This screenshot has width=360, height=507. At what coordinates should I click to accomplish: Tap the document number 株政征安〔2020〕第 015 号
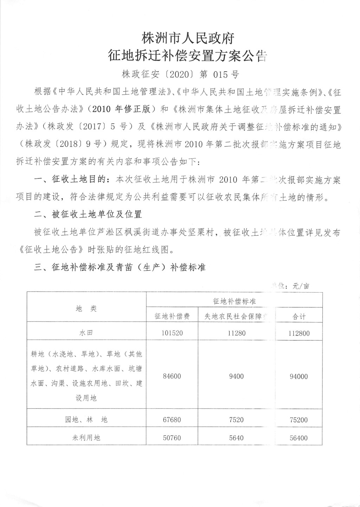pyautogui.click(x=180, y=74)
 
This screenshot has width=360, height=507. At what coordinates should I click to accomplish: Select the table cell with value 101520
pyautogui.click(x=172, y=333)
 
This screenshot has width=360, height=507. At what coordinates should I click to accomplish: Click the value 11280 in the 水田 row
pyautogui.click(x=236, y=333)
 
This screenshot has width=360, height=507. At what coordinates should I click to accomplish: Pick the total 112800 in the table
pyautogui.click(x=299, y=333)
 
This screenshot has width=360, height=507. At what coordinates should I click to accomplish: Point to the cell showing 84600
pyautogui.click(x=172, y=376)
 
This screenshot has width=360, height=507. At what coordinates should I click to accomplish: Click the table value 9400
pyautogui.click(x=236, y=376)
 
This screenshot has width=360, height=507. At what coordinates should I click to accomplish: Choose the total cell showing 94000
pyautogui.click(x=299, y=377)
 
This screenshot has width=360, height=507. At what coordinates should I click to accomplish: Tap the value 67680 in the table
pyautogui.click(x=172, y=420)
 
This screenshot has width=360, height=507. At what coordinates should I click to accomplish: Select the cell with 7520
pyautogui.click(x=236, y=420)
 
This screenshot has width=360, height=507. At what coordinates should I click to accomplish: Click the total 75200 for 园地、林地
pyautogui.click(x=299, y=420)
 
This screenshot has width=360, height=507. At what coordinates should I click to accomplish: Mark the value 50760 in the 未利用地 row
pyautogui.click(x=172, y=438)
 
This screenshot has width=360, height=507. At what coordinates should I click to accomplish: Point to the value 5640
pyautogui.click(x=236, y=438)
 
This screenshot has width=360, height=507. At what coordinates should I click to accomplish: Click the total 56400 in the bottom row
pyautogui.click(x=299, y=438)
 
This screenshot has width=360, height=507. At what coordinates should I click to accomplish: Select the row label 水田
pyautogui.click(x=86, y=333)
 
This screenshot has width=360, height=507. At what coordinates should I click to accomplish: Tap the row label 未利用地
pyautogui.click(x=86, y=438)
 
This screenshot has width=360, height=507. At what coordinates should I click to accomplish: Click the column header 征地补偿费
pyautogui.click(x=172, y=316)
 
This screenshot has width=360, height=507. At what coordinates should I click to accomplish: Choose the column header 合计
pyautogui.click(x=299, y=317)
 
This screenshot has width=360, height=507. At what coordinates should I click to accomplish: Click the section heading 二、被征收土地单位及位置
pyautogui.click(x=88, y=214)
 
